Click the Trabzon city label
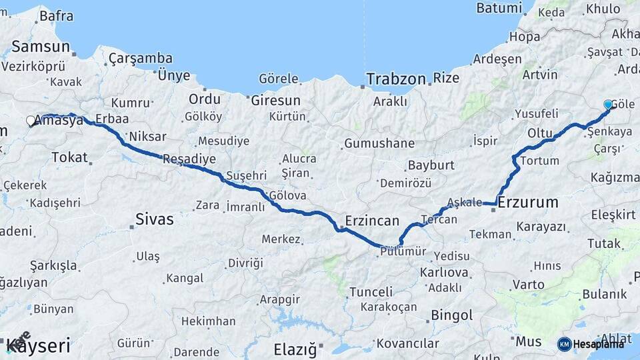coord(395,79)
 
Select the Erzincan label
coord(372,220)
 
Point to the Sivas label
coord(154,219)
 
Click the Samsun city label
coord(41,47)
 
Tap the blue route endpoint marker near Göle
coord(608,105)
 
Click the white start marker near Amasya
coord(31,121)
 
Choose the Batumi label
coord(499,9)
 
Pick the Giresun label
coord(275,101)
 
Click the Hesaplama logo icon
coord(564,343)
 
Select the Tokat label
coord(69,157)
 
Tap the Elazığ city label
coord(295,349)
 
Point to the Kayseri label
coord(38,347)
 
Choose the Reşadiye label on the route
coord(189,159)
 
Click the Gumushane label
coord(379,143)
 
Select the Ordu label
coord(204,99)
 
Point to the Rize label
coord(446,78)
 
